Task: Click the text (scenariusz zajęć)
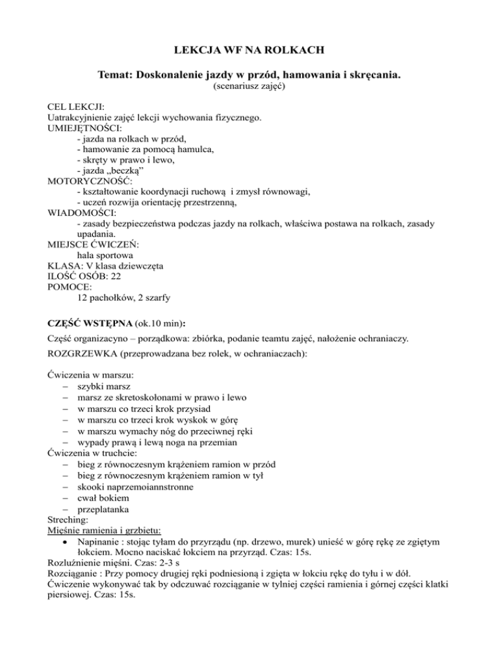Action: (249, 88)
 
